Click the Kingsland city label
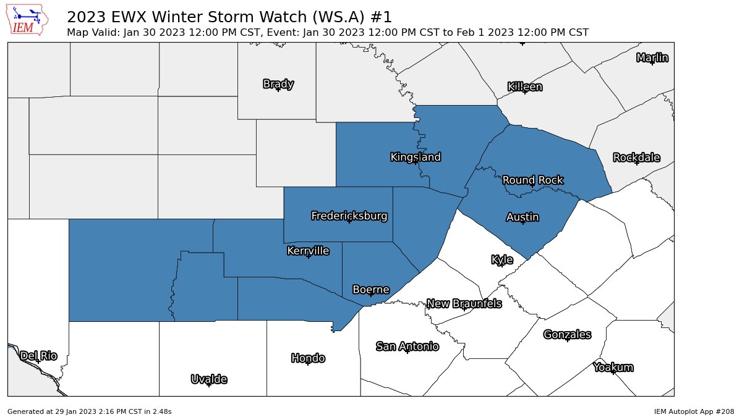pos(416,157)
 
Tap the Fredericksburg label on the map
pos(349,216)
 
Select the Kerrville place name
pos(308,251)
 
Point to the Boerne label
pos(371,289)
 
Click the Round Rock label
pos(532,180)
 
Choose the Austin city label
pos(522,217)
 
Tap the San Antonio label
pos(407,347)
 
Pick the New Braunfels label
pos(464,303)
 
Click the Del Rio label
pos(38,356)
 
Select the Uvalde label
pos(209,379)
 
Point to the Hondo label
pos(308,358)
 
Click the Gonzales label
pos(567,334)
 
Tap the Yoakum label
pos(613,368)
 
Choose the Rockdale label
pos(636,158)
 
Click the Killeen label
pos(525,86)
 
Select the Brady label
pos(278,84)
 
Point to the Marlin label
pos(652,58)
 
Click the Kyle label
pos(502,259)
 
